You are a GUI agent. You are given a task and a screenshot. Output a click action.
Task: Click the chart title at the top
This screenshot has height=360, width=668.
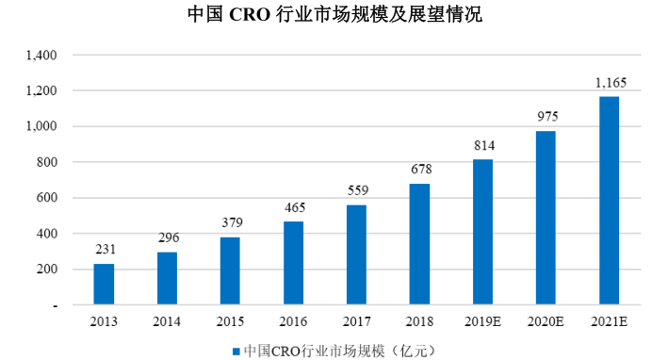click(x=334, y=16)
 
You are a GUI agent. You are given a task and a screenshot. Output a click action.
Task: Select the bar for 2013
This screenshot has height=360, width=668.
click(x=104, y=284)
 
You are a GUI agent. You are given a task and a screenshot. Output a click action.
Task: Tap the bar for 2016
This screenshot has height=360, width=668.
click(x=294, y=263)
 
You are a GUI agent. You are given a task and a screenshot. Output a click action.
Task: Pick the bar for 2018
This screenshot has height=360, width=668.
click(x=419, y=244)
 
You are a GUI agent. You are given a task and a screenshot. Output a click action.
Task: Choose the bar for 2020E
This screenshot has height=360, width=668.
click(x=546, y=218)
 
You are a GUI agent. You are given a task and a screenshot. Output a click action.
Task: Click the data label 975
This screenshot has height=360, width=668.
click(x=547, y=117)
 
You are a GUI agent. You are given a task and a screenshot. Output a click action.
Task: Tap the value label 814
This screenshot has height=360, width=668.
click(x=483, y=146)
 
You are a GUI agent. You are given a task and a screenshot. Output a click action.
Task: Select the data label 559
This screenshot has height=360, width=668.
click(x=356, y=191)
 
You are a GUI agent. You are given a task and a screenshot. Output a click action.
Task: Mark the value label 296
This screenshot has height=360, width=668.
click(x=168, y=237)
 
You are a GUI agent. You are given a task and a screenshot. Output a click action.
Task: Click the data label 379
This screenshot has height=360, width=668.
click(x=230, y=223)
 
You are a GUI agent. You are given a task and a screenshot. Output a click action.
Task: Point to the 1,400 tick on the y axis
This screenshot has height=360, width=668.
click(x=43, y=56)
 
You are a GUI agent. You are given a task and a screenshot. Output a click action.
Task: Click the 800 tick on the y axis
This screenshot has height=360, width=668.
click(x=48, y=162)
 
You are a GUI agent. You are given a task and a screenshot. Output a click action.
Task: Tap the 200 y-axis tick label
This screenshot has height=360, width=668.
click(x=48, y=270)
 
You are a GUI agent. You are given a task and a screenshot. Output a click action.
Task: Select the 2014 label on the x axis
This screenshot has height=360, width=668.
click(x=167, y=322)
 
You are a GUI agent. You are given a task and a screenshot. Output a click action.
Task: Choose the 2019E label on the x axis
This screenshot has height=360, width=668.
click(x=483, y=322)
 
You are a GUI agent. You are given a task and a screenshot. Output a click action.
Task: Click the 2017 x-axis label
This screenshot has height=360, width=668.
click(x=356, y=322)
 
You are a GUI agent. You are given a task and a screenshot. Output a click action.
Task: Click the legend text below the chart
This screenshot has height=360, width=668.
click(x=338, y=349)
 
